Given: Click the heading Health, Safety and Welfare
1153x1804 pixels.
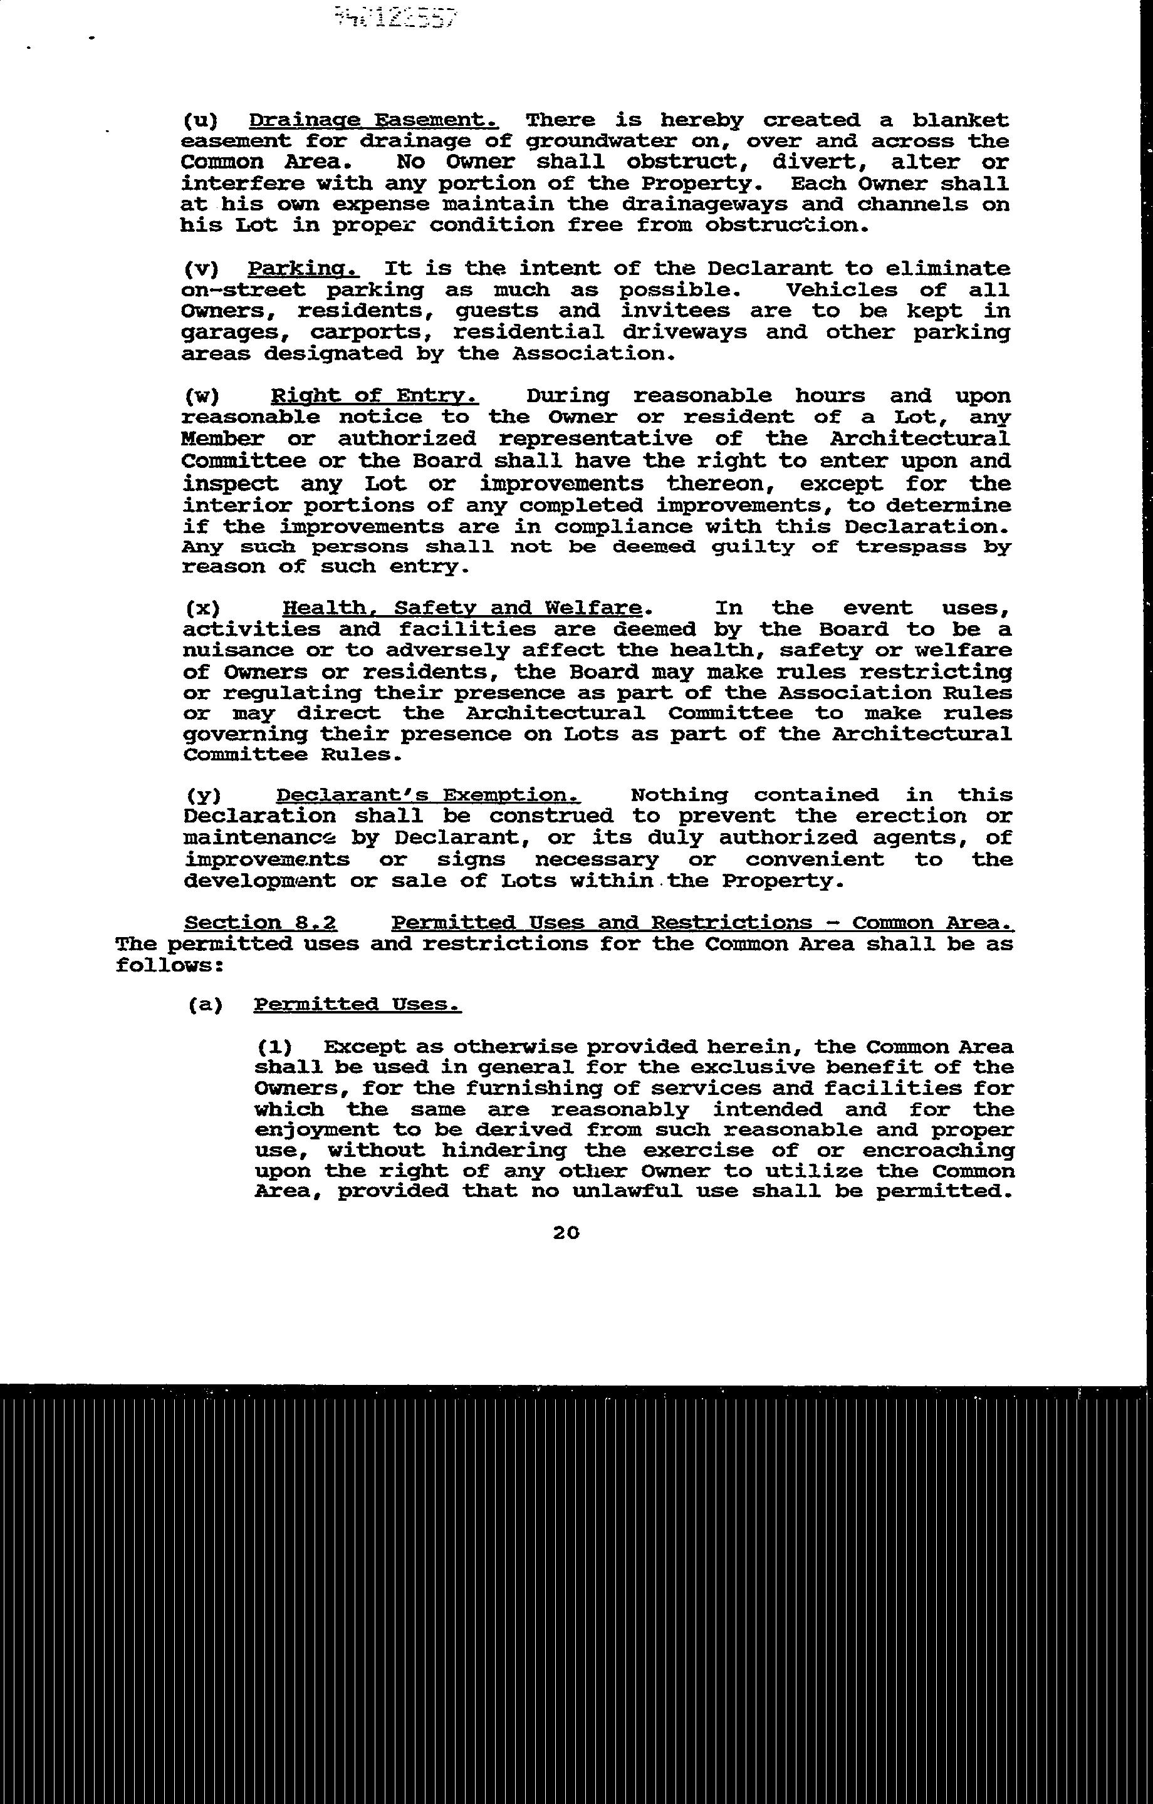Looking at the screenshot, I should pyautogui.click(x=462, y=608).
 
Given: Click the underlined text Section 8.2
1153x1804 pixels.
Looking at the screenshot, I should pyautogui.click(x=261, y=922).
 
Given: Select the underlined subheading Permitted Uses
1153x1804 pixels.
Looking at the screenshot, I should pyautogui.click(x=358, y=1004).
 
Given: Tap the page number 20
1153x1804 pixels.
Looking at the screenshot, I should pyautogui.click(x=566, y=1231).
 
